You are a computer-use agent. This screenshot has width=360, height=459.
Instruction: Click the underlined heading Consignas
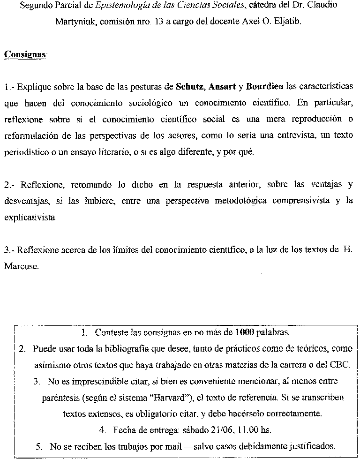25,54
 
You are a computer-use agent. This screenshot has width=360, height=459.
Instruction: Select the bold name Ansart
222,87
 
